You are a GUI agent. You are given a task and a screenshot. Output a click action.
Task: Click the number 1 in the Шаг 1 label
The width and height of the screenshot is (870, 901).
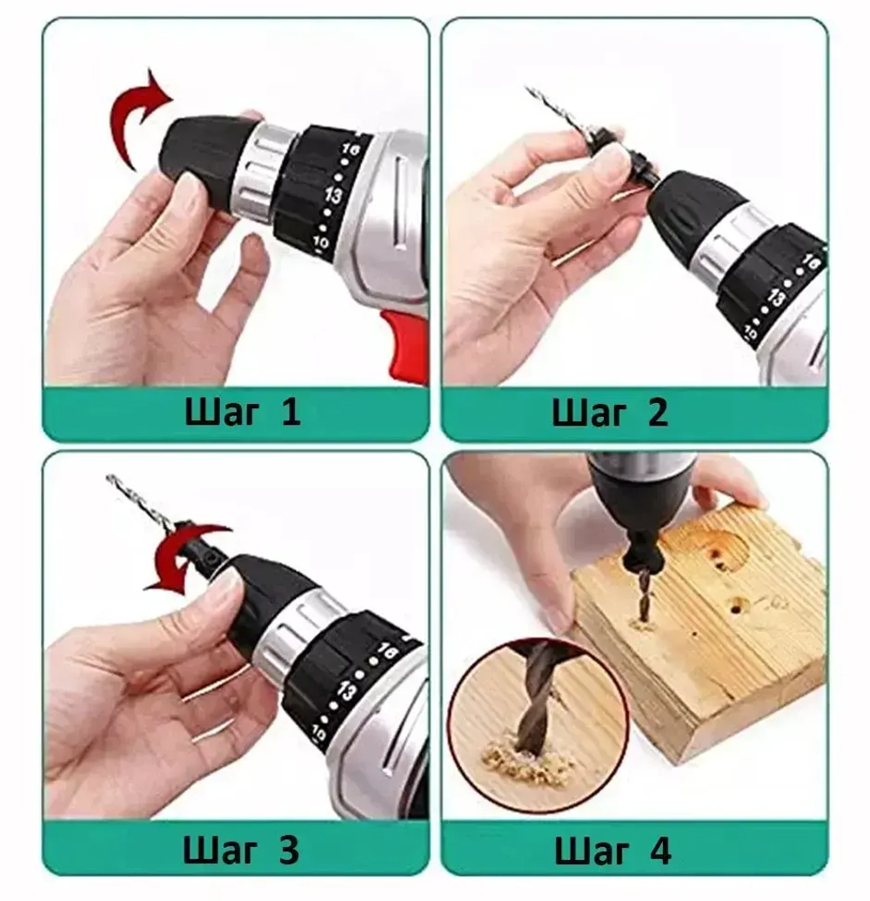click(291, 412)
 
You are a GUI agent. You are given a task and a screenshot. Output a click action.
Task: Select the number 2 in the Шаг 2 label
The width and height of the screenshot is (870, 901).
click(657, 412)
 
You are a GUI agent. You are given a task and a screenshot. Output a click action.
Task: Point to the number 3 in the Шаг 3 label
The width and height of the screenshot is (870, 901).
click(288, 850)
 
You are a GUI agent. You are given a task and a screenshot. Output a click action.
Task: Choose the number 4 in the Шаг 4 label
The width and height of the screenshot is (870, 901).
click(659, 851)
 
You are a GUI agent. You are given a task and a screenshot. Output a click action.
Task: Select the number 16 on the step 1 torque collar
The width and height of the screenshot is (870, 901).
click(351, 151)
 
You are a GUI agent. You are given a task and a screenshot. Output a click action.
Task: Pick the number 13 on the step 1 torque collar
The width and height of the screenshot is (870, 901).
click(333, 196)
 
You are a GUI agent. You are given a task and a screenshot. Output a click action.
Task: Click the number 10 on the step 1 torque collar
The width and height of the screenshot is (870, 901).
click(320, 243)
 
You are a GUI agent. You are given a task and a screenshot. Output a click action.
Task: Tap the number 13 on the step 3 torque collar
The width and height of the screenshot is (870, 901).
click(347, 689)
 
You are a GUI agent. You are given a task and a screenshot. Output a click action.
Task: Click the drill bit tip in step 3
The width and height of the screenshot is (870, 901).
click(109, 476)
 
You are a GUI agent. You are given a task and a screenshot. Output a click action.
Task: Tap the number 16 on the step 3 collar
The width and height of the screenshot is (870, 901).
click(388, 651)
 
